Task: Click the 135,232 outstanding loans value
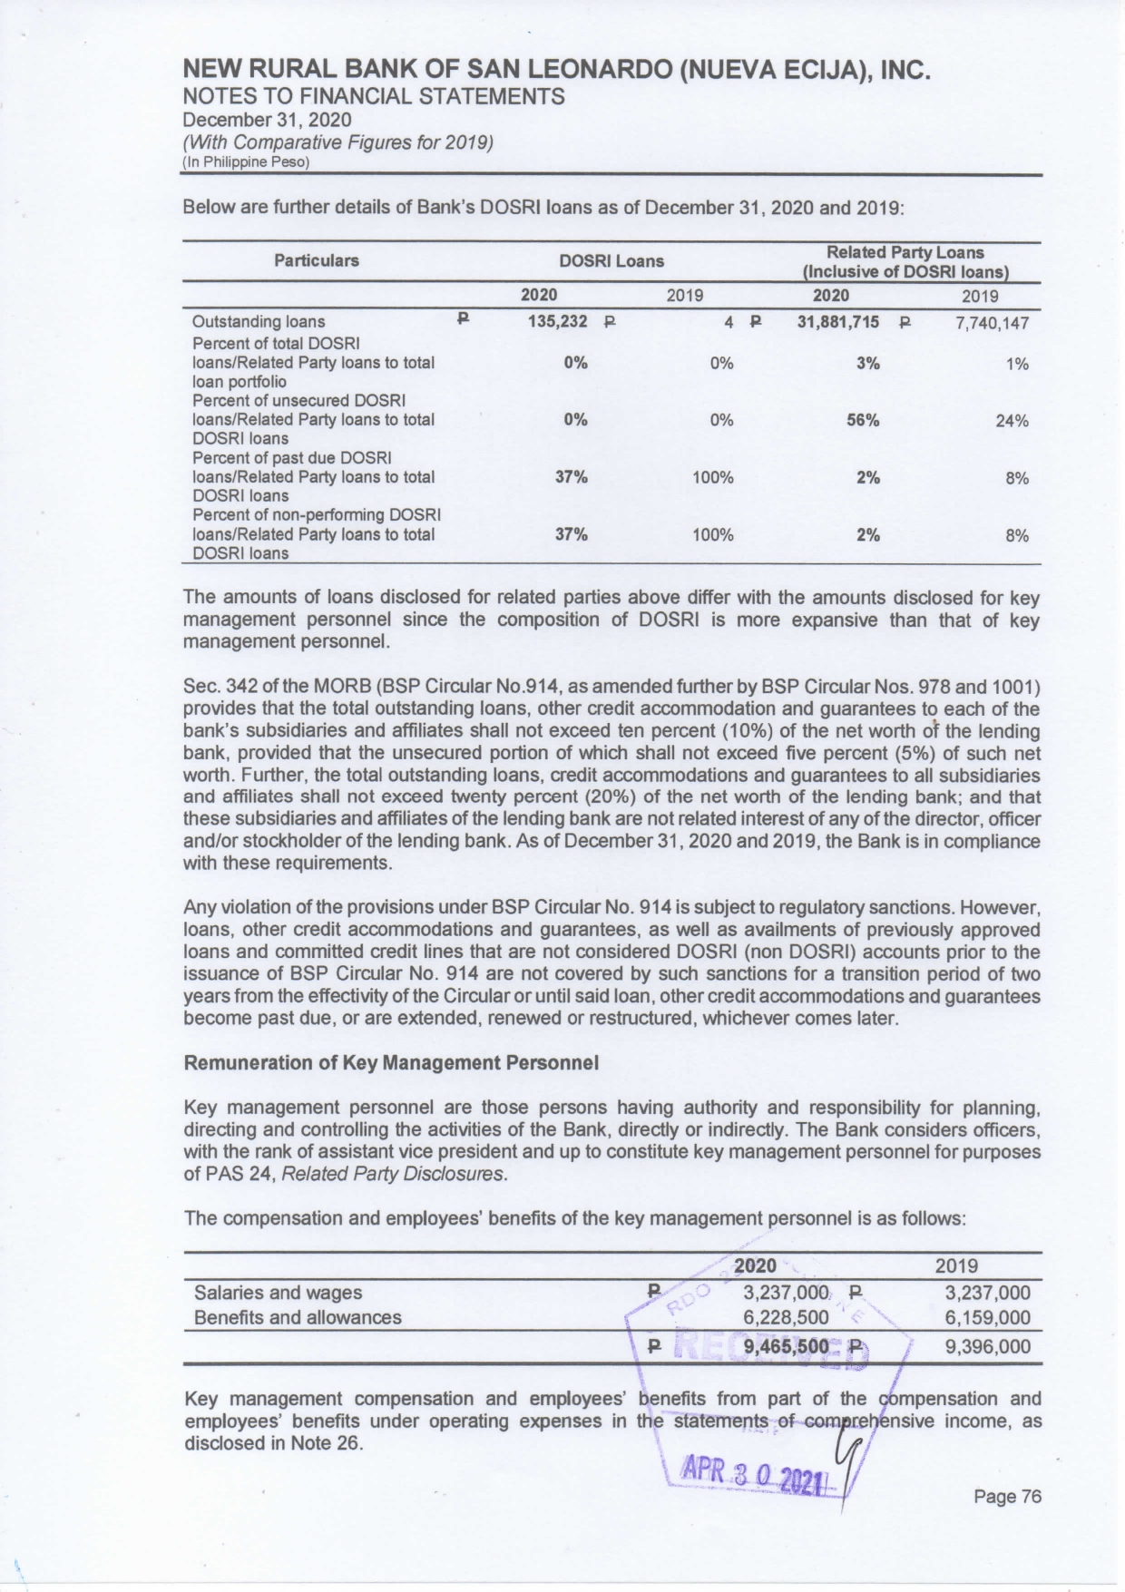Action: click(x=557, y=321)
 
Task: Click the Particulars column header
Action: click(x=317, y=260)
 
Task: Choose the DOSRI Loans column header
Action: click(x=611, y=261)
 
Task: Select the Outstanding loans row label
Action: click(x=259, y=322)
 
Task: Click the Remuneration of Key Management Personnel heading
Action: click(x=391, y=1062)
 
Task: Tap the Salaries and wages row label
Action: click(x=278, y=1292)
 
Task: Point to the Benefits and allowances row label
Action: click(x=298, y=1317)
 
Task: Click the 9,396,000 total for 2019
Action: click(x=987, y=1346)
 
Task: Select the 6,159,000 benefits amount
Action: click(x=987, y=1317)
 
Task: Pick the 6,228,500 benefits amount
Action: click(x=786, y=1317)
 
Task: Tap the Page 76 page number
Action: click(x=1007, y=1497)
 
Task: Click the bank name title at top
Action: click(x=557, y=70)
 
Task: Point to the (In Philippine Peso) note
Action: click(x=246, y=162)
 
